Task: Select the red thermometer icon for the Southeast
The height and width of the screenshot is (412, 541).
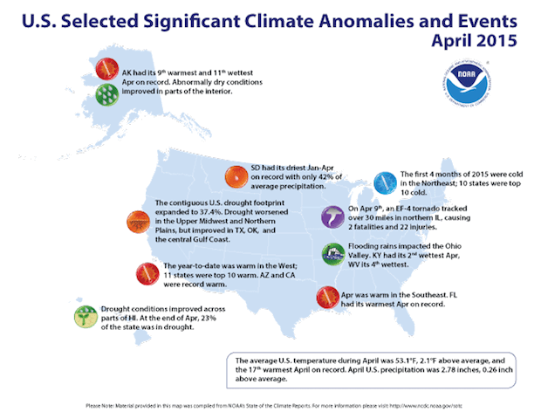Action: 327,298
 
